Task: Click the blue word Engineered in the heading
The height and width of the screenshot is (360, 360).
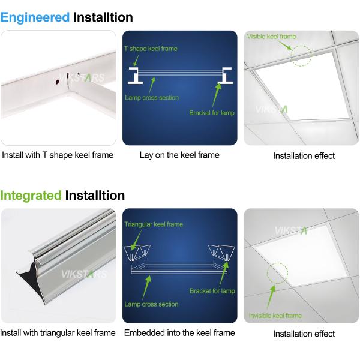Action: (x=35, y=17)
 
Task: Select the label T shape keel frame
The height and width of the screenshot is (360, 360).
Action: (x=151, y=48)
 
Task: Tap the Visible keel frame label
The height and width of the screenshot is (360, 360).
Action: (x=271, y=37)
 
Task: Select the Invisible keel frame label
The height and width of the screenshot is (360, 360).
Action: (x=275, y=316)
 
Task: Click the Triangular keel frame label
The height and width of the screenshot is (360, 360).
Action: (x=154, y=224)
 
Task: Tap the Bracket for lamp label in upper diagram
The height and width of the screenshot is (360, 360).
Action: (x=211, y=113)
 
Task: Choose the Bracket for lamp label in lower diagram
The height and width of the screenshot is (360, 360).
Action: (x=212, y=291)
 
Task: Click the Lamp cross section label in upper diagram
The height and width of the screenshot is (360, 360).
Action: (x=152, y=98)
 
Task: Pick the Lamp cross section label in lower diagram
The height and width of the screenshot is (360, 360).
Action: (x=151, y=304)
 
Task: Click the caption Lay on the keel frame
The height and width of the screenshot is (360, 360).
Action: (x=179, y=155)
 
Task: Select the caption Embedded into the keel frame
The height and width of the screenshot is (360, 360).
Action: (x=179, y=333)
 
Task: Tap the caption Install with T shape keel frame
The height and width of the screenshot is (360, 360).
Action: (x=58, y=155)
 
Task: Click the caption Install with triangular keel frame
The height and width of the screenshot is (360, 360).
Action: (x=58, y=333)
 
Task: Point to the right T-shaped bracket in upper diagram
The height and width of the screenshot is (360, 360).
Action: (x=227, y=75)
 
